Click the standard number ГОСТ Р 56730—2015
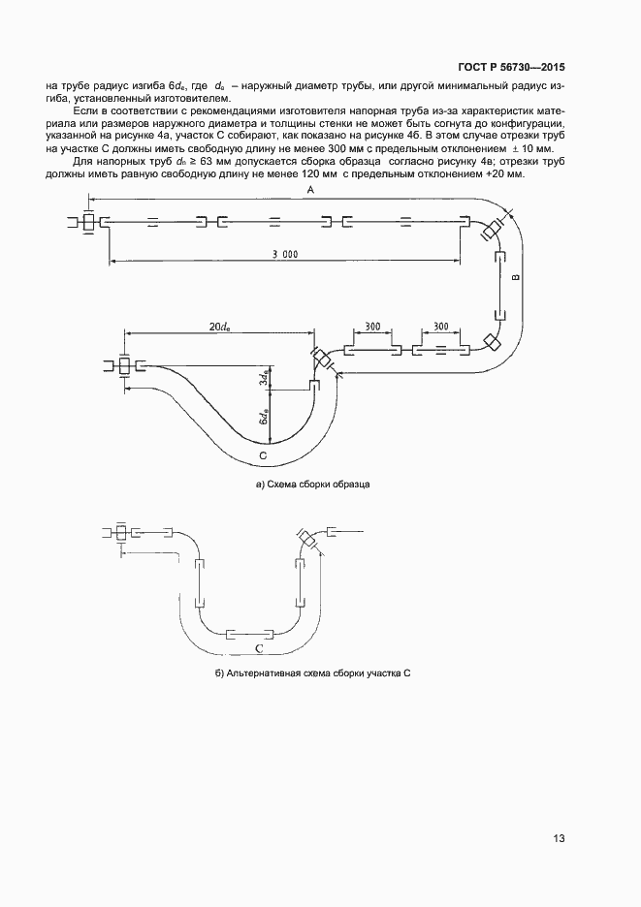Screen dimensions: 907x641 click(x=512, y=68)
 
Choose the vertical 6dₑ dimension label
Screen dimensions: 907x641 click(x=262, y=418)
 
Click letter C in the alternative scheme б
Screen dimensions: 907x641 click(x=258, y=647)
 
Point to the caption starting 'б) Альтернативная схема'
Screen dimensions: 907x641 click(x=314, y=672)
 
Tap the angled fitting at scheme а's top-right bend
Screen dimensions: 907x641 click(x=492, y=230)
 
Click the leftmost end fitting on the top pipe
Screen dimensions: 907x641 click(x=88, y=222)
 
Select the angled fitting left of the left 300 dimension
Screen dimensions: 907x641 click(x=321, y=360)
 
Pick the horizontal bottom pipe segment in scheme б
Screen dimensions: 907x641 click(x=250, y=635)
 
